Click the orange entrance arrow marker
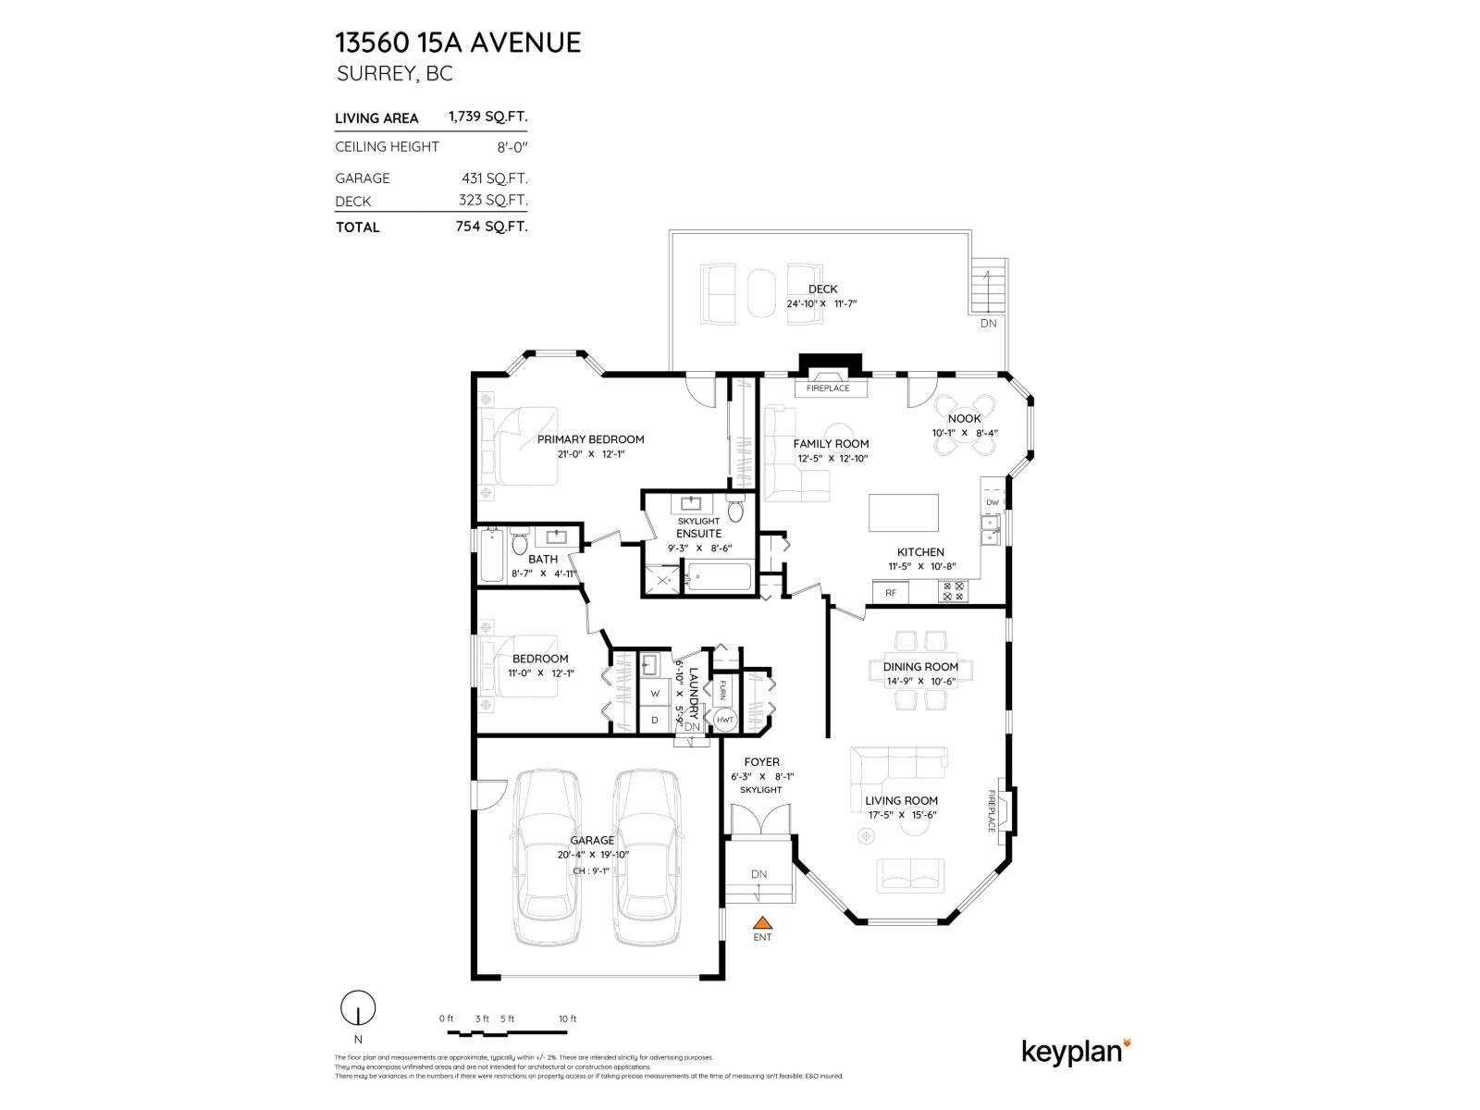(762, 922)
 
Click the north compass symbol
(358, 1007)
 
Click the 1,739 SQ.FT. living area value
(487, 117)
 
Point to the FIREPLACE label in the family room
(828, 388)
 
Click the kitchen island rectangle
(903, 512)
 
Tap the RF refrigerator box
(891, 593)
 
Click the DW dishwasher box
(993, 502)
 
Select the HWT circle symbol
(724, 720)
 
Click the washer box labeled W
(655, 693)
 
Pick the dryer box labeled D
(655, 720)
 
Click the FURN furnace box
(722, 690)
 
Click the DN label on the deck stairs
(988, 324)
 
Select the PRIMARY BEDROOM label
(590, 439)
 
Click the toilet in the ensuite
(736, 511)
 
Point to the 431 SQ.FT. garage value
(494, 178)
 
